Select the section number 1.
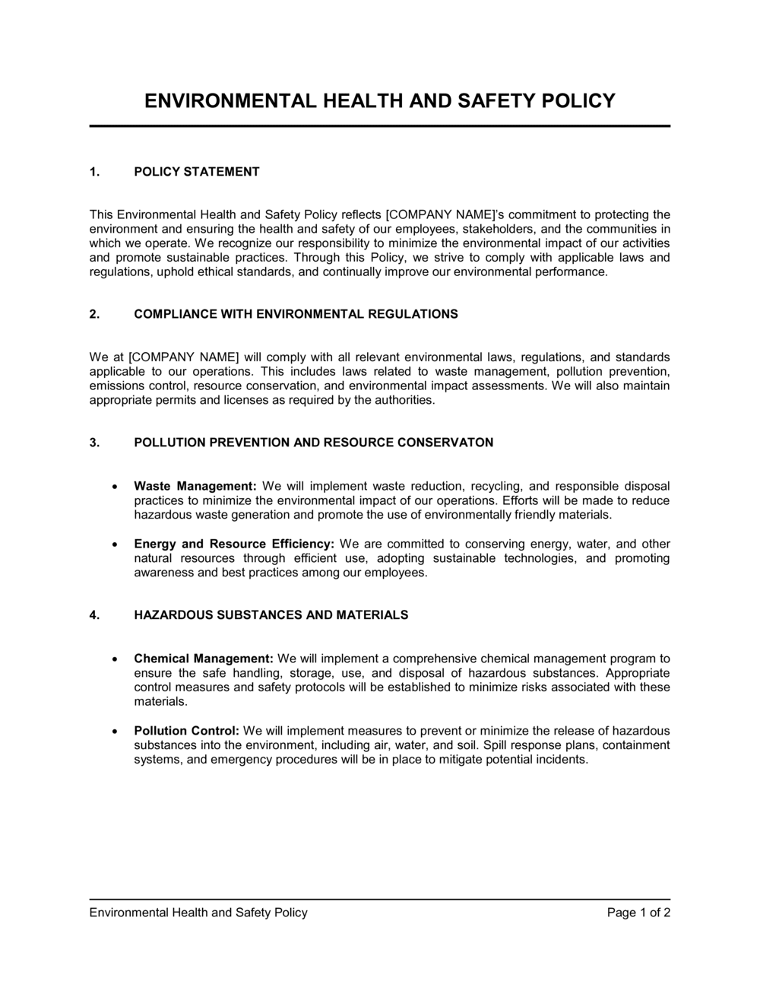tap(94, 172)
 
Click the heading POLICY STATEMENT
tap(197, 172)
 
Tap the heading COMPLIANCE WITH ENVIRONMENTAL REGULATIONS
tap(296, 314)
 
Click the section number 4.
tap(94, 615)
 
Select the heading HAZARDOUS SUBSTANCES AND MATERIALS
tap(271, 615)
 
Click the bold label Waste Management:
tap(195, 486)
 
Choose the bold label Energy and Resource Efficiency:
tap(234, 544)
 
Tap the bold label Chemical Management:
tap(204, 659)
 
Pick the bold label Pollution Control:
tap(187, 731)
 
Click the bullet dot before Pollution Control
tap(114, 732)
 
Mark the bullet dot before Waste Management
tap(114, 487)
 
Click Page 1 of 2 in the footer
tap(638, 913)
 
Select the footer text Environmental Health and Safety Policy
tap(198, 913)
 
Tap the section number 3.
tap(94, 443)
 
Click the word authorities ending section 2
tap(404, 400)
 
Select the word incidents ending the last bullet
tap(561, 759)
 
